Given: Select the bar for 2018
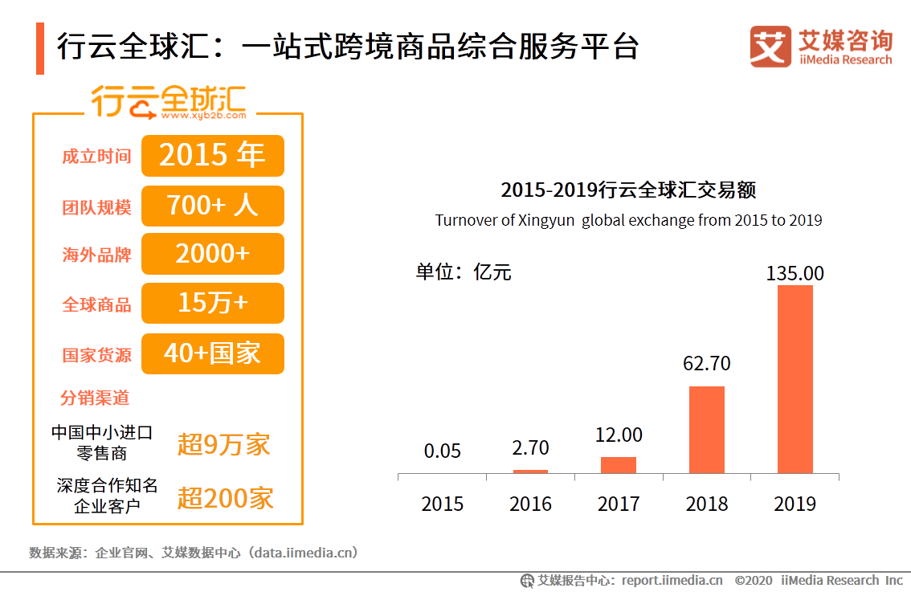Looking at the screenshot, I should pyautogui.click(x=707, y=430).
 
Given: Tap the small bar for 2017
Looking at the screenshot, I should pyautogui.click(x=619, y=465).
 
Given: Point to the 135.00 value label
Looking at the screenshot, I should pyautogui.click(x=795, y=273).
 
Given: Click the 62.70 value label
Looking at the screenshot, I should pyautogui.click(x=707, y=364).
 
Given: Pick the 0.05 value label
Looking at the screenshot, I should pyautogui.click(x=443, y=451).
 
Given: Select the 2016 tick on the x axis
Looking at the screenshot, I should pyautogui.click(x=530, y=504).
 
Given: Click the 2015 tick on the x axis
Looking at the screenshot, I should pyautogui.click(x=443, y=504).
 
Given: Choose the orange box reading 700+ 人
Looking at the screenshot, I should pyautogui.click(x=213, y=206).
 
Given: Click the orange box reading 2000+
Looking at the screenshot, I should pyautogui.click(x=213, y=254).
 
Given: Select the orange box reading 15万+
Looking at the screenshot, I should pyautogui.click(x=213, y=303).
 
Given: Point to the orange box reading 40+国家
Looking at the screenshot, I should pyautogui.click(x=213, y=353).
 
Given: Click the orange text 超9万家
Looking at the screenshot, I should pyautogui.click(x=223, y=444).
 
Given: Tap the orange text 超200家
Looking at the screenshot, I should pyautogui.click(x=225, y=498).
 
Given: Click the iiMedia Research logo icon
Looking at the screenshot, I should pyautogui.click(x=770, y=47).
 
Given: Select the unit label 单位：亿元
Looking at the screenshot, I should pyautogui.click(x=464, y=272).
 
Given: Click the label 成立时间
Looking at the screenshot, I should pyautogui.click(x=96, y=156).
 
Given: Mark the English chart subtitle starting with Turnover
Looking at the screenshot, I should pyautogui.click(x=628, y=220).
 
